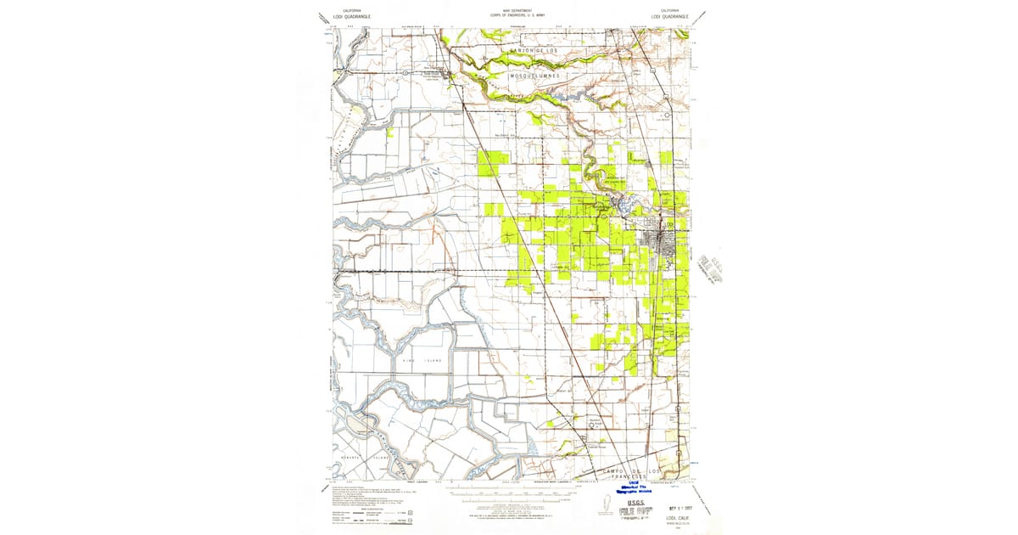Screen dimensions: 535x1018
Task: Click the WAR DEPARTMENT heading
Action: pyautogui.click(x=509, y=12)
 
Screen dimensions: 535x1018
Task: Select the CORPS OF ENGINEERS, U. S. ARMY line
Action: pyautogui.click(x=509, y=17)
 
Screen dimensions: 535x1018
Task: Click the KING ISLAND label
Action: pyautogui.click(x=422, y=361)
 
